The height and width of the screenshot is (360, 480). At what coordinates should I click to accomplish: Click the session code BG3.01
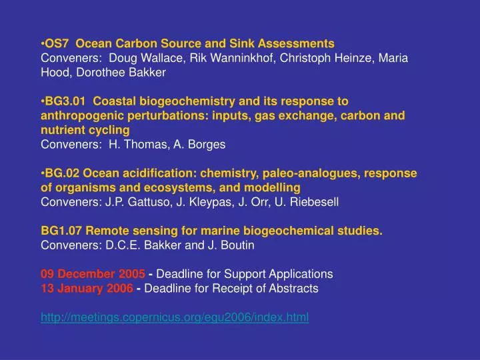click(65, 101)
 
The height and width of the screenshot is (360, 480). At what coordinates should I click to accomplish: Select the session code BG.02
click(62, 173)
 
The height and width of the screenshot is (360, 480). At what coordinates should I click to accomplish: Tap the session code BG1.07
click(61, 231)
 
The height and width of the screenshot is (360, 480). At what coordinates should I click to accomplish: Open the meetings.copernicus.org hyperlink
click(175, 317)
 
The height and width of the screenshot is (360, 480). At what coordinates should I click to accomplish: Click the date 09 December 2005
click(93, 274)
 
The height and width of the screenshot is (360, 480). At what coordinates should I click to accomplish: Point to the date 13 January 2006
click(87, 289)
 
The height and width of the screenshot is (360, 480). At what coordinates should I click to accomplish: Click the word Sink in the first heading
click(240, 43)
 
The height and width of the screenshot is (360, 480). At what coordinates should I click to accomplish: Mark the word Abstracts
click(295, 289)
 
